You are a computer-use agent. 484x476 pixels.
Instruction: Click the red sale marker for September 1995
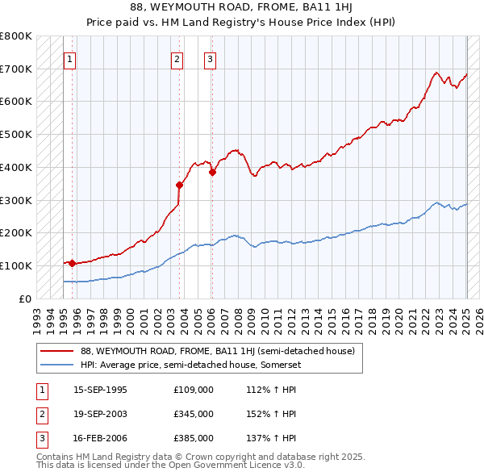point(72,262)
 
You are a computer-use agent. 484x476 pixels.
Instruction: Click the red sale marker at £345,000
point(180,185)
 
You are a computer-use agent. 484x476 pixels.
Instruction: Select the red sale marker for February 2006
point(212,172)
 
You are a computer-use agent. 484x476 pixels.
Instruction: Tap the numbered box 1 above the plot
point(70,58)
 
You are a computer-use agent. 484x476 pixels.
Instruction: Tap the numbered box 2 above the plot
point(177,58)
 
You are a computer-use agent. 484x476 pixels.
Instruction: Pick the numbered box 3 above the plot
point(209,58)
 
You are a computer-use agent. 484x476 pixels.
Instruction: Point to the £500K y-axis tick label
point(16,134)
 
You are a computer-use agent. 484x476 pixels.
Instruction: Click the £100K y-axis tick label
point(16,265)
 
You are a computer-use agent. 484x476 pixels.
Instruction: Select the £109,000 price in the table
point(193,390)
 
